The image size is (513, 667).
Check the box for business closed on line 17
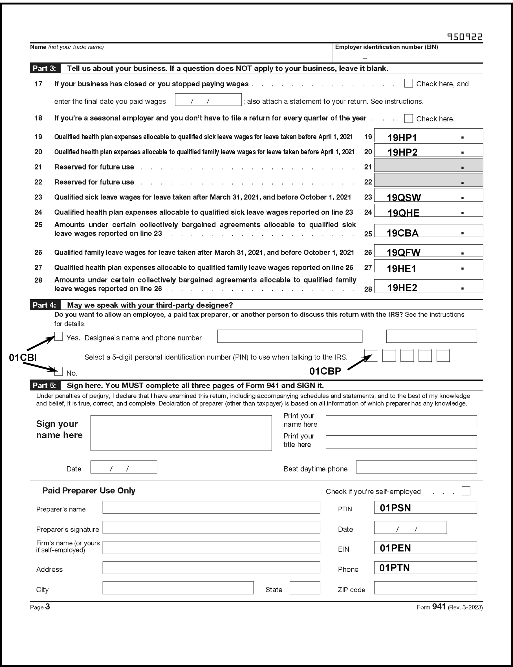(408, 84)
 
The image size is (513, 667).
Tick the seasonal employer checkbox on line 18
(408, 119)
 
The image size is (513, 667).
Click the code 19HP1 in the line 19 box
(402, 138)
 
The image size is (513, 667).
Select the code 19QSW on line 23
(404, 198)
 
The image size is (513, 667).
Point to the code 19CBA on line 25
(402, 233)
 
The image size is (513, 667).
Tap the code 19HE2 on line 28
(402, 288)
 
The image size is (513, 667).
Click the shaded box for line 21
(428, 165)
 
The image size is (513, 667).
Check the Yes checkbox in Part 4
(58, 337)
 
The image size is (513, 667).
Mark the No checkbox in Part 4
(58, 371)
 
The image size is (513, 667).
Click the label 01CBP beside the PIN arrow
(325, 371)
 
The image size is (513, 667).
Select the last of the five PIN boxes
(443, 356)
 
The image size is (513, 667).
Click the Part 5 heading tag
(45, 385)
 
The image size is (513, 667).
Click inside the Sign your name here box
(181, 433)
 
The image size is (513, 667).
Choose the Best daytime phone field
(416, 467)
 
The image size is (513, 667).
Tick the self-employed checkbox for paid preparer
(466, 491)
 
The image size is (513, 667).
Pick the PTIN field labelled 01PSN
(425, 508)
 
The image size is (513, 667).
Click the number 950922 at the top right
(464, 37)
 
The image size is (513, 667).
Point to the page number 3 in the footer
(47, 607)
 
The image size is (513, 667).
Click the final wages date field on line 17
(208, 100)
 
